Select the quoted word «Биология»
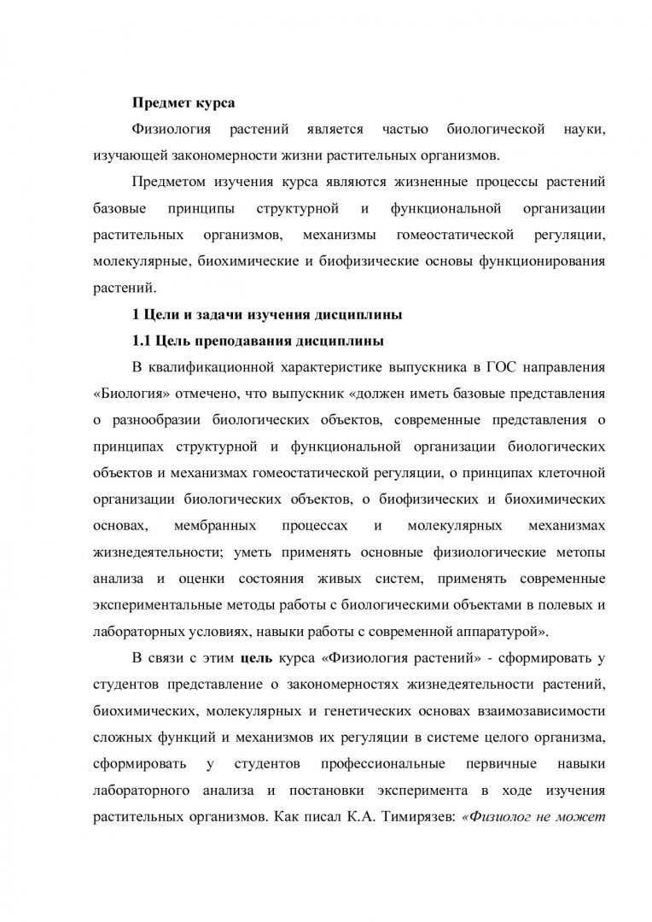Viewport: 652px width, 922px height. coord(125,394)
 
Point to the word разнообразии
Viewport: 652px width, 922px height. coord(162,421)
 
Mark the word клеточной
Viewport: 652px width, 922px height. coord(571,474)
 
